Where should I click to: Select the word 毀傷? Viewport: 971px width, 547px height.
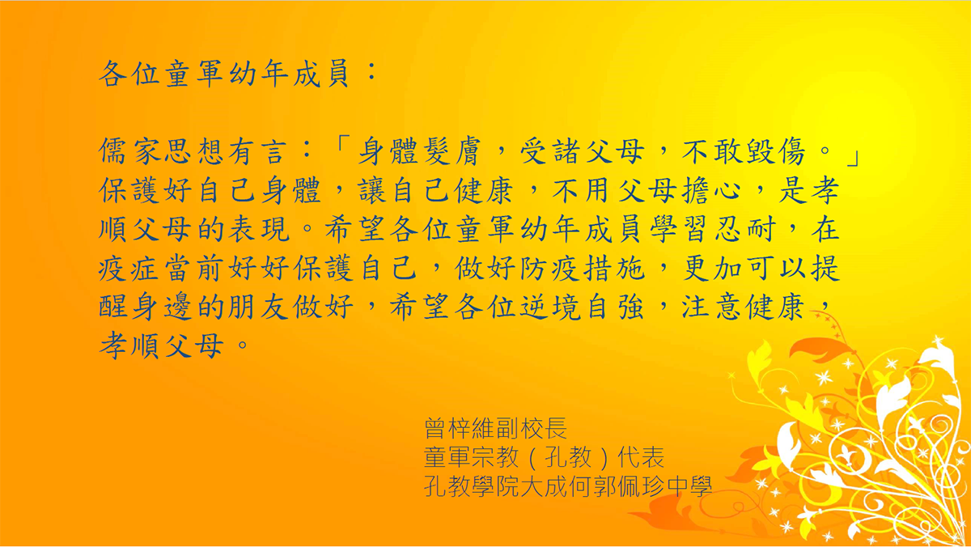tap(774, 151)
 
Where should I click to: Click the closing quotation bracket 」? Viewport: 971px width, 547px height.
tap(852, 159)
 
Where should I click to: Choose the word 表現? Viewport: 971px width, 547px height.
tap(259, 229)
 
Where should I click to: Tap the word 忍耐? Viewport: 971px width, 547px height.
tap(745, 229)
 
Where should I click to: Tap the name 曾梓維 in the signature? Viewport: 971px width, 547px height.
tap(460, 428)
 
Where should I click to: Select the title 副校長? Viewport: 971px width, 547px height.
tap(531, 428)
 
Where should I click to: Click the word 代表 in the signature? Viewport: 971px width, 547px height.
tap(641, 457)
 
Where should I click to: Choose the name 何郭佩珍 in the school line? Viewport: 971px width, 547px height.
tap(616, 486)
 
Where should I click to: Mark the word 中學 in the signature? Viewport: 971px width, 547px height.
tap(689, 486)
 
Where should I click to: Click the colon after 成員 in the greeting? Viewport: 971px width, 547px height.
tap(371, 72)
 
